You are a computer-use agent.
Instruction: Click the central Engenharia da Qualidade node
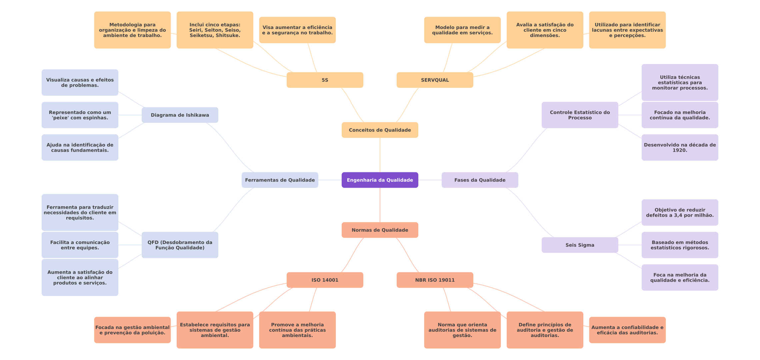380,180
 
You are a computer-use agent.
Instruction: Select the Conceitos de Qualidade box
380,130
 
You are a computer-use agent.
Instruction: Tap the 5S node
325,80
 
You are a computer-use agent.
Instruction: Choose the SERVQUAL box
435,80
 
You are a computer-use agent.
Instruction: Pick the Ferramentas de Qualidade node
280,180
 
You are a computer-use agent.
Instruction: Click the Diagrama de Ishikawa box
180,115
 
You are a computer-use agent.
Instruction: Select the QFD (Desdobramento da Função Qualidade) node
180,245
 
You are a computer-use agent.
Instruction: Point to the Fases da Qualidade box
480,180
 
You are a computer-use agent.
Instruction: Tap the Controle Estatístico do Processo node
580,115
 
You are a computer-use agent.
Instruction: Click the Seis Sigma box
580,245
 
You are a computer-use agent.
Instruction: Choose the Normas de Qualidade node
380,230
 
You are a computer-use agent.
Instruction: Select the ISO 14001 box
325,280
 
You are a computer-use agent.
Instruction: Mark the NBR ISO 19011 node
435,280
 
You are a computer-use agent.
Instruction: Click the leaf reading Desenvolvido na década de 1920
680,147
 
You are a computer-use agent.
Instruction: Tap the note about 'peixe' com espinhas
80,115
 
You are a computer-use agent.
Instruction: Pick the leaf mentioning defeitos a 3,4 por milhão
680,212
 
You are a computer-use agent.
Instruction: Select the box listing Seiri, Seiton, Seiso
215,30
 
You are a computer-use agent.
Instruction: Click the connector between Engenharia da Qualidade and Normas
380,205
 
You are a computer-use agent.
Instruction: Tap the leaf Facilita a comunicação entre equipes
80,245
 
